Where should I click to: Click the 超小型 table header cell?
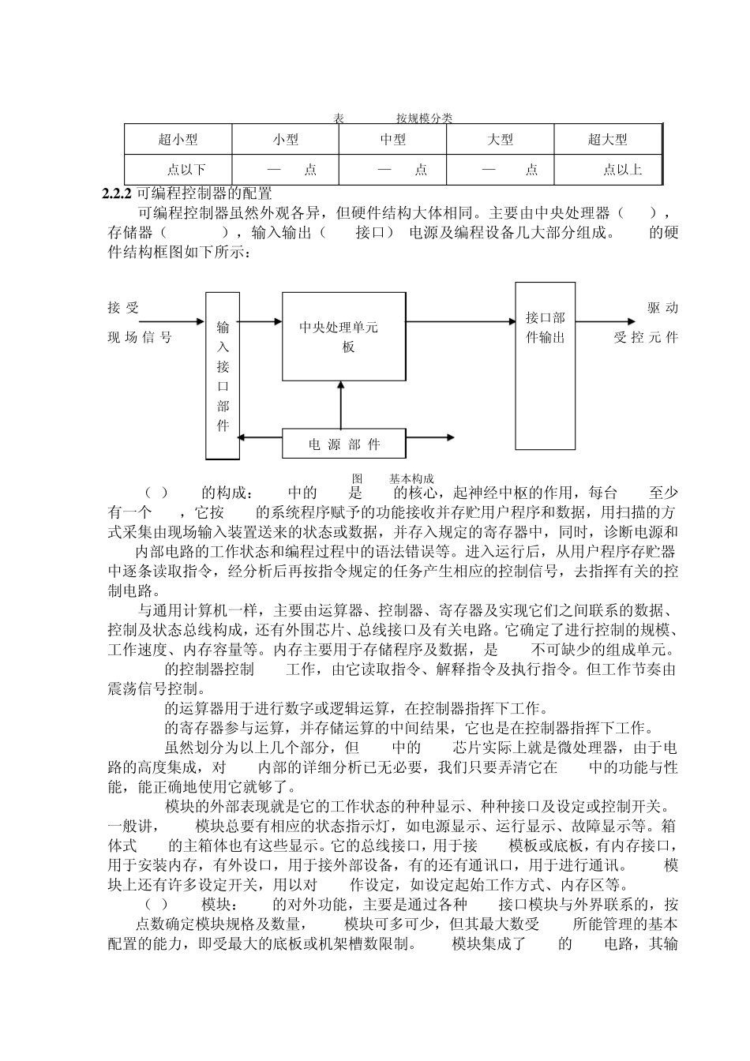pyautogui.click(x=178, y=140)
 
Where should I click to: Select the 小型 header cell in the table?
pyautogui.click(x=286, y=140)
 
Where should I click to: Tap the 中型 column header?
pyautogui.click(x=393, y=140)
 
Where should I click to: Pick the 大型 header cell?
pyautogui.click(x=501, y=140)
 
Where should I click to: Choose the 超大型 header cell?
pyautogui.click(x=607, y=140)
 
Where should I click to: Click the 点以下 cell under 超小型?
pyautogui.click(x=186, y=170)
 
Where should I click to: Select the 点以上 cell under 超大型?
pyautogui.click(x=622, y=170)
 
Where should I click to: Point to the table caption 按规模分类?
pyautogui.click(x=424, y=118)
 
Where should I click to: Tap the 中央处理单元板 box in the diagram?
pyautogui.click(x=343, y=336)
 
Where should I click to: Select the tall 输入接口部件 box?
pyautogui.click(x=223, y=376)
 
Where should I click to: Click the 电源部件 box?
pyautogui.click(x=344, y=444)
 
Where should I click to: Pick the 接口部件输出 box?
pyautogui.click(x=546, y=366)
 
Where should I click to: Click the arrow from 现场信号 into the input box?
pyautogui.click(x=156, y=321)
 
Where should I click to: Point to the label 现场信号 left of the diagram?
pyautogui.click(x=139, y=338)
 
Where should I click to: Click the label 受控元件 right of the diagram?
pyautogui.click(x=646, y=338)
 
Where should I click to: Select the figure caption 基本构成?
pyautogui.click(x=411, y=479)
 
